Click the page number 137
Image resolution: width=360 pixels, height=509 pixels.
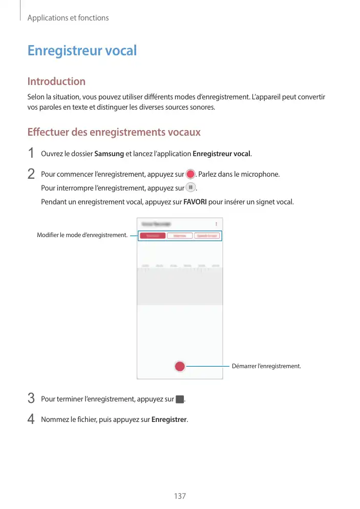[179, 496]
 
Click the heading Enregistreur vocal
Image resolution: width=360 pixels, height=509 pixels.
[82, 51]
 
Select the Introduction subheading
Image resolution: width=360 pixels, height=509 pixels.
[56, 81]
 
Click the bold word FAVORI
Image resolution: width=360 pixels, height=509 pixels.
[195, 202]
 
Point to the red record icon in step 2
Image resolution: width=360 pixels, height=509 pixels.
[190, 174]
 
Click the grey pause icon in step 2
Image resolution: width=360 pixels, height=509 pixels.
[190, 187]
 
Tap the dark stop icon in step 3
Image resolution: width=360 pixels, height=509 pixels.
[179, 399]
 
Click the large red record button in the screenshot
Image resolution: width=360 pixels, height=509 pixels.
[179, 366]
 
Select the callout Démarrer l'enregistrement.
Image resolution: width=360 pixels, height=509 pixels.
[266, 366]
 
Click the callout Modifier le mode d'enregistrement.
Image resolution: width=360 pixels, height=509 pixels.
[82, 235]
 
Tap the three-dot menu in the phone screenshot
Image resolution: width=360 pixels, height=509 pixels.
[216, 224]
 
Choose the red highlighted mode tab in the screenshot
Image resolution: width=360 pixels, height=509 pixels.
[153, 236]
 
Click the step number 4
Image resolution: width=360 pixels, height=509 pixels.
[31, 419]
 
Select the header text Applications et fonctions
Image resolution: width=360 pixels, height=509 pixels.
[68, 18]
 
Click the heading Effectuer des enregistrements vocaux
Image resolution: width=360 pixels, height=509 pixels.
[114, 132]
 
